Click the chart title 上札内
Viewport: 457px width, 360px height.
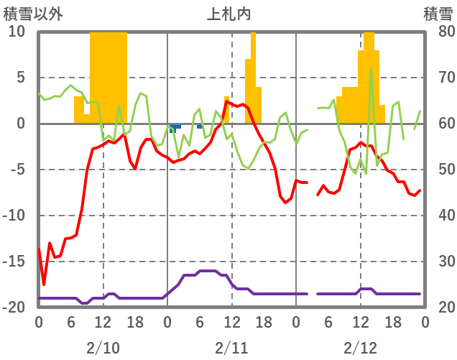(x=229, y=13)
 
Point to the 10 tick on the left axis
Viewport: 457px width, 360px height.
(x=17, y=32)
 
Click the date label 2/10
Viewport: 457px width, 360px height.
(x=103, y=348)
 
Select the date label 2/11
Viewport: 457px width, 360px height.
(x=231, y=348)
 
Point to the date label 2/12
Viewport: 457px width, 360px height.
(x=360, y=348)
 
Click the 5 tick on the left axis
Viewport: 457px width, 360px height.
(x=19, y=78)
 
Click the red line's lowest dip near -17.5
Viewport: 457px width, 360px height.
(x=44, y=284)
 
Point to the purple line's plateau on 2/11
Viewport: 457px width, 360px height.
(x=208, y=271)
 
